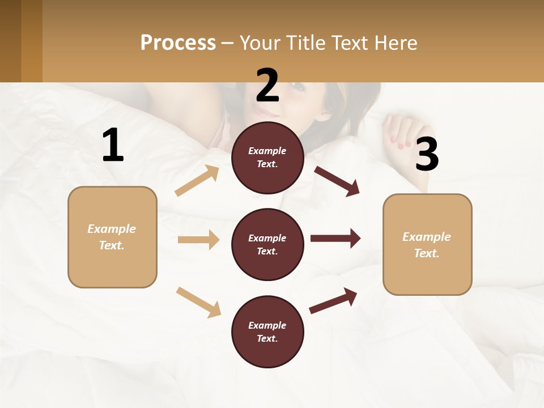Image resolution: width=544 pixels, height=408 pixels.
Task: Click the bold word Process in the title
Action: [x=178, y=42]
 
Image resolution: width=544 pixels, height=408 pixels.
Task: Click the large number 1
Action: [x=113, y=146]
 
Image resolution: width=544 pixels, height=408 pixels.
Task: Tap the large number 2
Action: [x=267, y=85]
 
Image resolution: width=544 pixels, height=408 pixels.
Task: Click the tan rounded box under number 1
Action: [x=112, y=237]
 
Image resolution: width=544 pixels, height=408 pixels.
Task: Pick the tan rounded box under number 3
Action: [x=427, y=244]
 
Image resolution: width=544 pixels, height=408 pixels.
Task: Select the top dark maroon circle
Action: [x=267, y=158]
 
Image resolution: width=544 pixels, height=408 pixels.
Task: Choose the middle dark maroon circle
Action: [x=267, y=244]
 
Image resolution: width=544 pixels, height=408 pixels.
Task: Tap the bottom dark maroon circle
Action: [x=267, y=331]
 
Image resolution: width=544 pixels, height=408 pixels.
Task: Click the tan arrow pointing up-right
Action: [x=197, y=181]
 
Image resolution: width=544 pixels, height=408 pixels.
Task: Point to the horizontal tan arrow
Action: [x=198, y=240]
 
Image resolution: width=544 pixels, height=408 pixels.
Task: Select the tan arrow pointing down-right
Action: [x=198, y=302]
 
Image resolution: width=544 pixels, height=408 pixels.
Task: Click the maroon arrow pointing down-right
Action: [x=337, y=181]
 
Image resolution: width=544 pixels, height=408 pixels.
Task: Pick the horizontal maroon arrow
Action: [x=335, y=239]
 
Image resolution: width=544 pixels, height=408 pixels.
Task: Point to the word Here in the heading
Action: [x=397, y=42]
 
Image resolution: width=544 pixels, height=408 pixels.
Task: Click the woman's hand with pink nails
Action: [x=403, y=131]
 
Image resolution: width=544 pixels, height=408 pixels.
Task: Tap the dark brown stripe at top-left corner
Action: [x=10, y=41]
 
